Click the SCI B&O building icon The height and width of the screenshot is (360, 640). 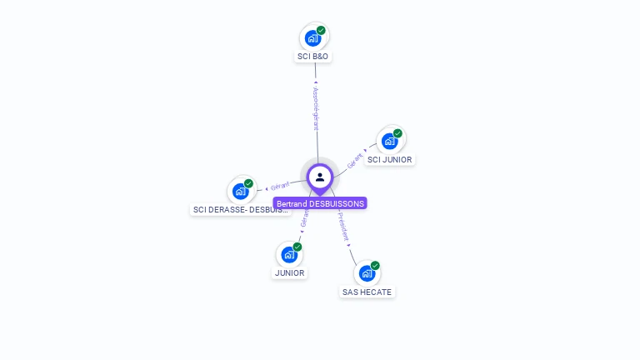tap(312, 37)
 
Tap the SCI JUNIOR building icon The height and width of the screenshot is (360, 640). tap(389, 141)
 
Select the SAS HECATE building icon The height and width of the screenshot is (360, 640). tap(367, 272)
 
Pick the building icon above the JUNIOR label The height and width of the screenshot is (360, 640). tap(289, 254)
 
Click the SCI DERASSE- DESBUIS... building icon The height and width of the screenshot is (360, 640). tap(240, 191)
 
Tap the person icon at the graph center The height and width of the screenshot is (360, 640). tap(320, 177)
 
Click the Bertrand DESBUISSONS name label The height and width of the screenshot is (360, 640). tap(320, 203)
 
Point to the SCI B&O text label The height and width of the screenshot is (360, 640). tap(313, 57)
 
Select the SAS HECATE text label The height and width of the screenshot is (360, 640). tap(367, 292)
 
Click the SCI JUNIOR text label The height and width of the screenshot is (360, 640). tap(390, 159)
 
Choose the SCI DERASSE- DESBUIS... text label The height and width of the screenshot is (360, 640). tap(240, 210)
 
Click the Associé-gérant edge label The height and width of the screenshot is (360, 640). tap(316, 108)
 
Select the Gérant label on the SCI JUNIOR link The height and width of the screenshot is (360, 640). tap(355, 160)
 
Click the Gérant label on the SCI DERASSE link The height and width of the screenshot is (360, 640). tap(280, 185)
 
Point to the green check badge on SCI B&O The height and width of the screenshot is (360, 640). tap(321, 31)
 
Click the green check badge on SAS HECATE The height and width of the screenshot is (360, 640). tap(375, 266)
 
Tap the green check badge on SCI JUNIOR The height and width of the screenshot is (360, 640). tap(397, 133)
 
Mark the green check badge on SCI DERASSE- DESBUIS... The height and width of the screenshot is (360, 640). tap(248, 183)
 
